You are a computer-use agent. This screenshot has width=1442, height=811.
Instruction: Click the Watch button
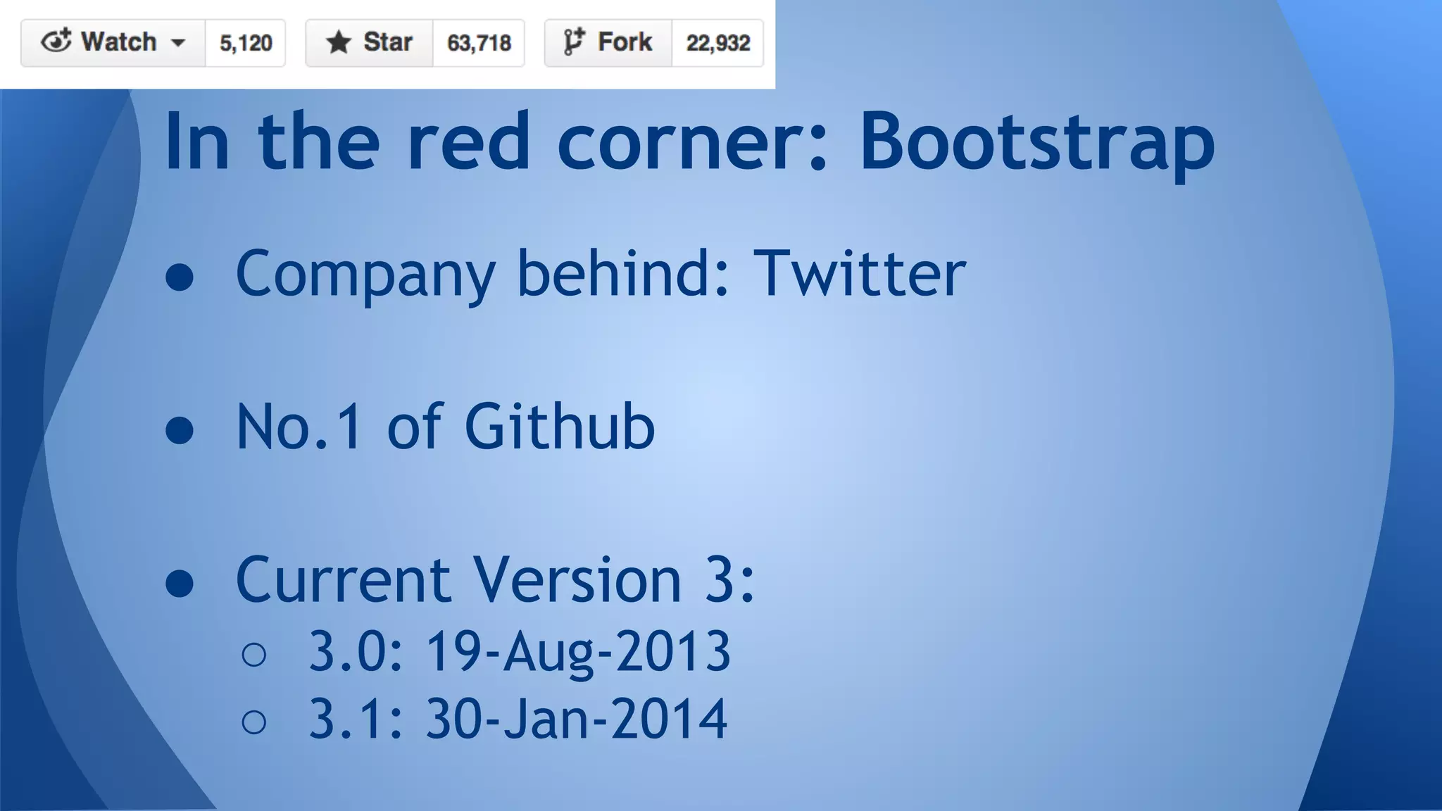tap(113, 43)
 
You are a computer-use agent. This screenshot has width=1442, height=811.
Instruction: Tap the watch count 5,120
tap(246, 43)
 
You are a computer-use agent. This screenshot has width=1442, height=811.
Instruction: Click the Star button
tap(369, 43)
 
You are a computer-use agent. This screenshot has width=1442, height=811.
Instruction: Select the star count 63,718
tap(479, 43)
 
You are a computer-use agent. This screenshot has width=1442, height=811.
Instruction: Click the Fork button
tap(608, 43)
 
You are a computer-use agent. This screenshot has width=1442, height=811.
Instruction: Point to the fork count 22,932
tap(717, 43)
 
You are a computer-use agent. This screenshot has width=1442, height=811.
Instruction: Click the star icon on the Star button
tap(339, 42)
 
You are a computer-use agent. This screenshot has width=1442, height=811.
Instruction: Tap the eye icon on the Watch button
tap(56, 42)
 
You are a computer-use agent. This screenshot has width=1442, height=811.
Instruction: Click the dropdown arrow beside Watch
tap(179, 43)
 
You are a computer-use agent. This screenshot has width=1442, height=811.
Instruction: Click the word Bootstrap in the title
tap(1036, 142)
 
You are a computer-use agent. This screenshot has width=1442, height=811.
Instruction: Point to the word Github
tap(559, 427)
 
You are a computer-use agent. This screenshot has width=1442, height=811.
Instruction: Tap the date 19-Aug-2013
tap(578, 651)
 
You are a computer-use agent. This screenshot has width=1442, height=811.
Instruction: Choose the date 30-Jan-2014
tap(577, 719)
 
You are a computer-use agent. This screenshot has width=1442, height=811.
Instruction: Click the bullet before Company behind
tap(180, 277)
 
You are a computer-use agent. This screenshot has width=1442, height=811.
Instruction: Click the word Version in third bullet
tap(577, 580)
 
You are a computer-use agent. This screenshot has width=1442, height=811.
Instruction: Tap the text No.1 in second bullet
tap(299, 427)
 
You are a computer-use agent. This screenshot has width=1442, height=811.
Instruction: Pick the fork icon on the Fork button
tap(574, 42)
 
